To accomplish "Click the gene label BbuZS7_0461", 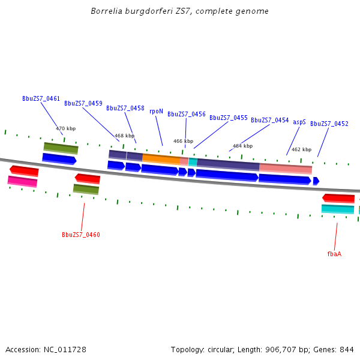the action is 41,98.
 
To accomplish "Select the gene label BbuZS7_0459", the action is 83,103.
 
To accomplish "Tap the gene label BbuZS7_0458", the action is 125,108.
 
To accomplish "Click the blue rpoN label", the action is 156,111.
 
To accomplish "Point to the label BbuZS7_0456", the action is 186,114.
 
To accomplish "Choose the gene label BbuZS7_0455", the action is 228,118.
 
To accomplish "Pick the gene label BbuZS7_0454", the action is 269,120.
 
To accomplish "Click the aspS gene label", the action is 299,122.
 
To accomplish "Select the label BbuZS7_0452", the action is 329,124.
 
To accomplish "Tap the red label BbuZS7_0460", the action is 80,235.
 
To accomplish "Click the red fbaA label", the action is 334,254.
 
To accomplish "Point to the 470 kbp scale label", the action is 65,128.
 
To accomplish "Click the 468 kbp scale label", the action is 124,136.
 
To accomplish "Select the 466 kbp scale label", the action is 183,141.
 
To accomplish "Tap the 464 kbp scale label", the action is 242,146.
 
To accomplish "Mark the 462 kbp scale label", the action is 301,149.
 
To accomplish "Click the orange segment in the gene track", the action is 161,159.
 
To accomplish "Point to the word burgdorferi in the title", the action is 148,11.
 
